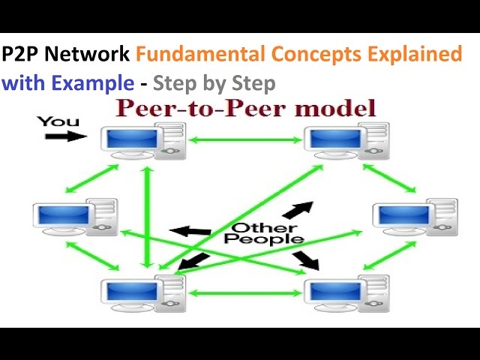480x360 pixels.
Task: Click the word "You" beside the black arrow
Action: [x=58, y=121]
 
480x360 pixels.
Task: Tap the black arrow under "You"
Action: [x=61, y=136]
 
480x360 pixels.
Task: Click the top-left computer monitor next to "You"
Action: [x=132, y=140]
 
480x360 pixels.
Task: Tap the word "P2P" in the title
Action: [x=19, y=55]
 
